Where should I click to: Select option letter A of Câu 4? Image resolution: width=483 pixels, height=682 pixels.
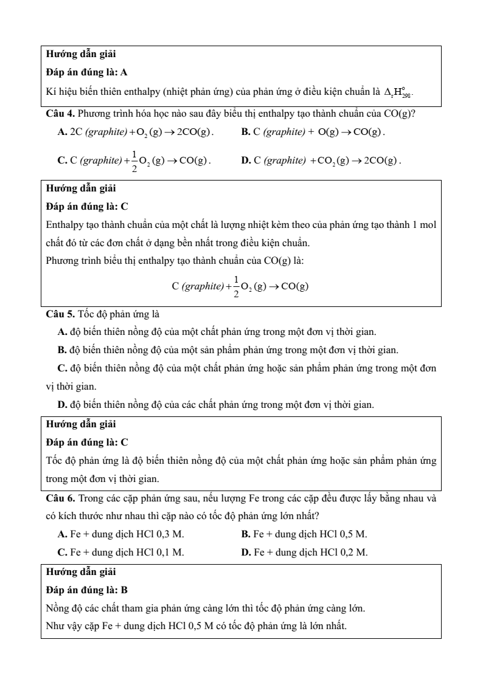[x=61, y=132]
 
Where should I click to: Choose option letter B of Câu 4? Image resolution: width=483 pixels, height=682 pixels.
[x=245, y=132]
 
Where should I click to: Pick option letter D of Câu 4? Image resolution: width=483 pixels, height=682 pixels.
[x=245, y=160]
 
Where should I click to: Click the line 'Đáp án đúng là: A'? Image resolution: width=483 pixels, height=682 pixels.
[x=86, y=72]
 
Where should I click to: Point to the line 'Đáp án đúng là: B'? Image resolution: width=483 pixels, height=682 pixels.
[x=86, y=590]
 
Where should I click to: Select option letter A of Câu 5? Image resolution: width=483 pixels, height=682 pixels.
[x=61, y=332]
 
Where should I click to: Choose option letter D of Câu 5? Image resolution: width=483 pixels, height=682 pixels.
[x=61, y=404]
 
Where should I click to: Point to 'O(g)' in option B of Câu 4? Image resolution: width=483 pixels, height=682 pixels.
[x=329, y=132]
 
